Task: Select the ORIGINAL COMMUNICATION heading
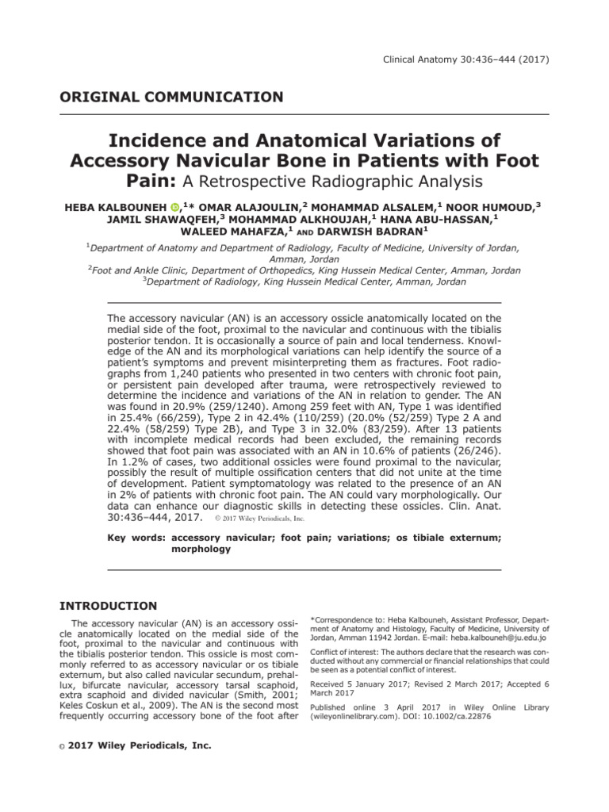171,98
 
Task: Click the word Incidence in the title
162,141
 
